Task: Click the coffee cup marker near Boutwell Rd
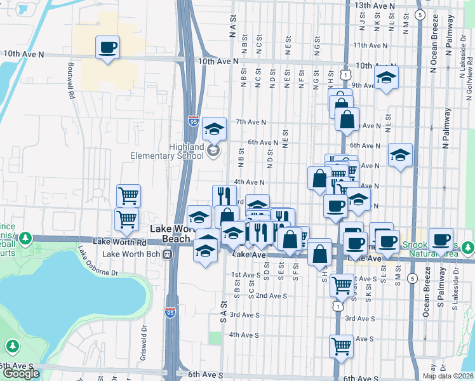(x=107, y=47)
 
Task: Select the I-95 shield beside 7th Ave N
(x=193, y=121)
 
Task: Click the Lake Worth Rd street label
(x=119, y=242)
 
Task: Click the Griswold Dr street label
(x=143, y=337)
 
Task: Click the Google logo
(x=21, y=373)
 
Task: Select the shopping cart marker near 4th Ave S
(x=341, y=346)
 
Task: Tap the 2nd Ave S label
(x=272, y=296)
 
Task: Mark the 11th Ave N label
(x=370, y=46)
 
